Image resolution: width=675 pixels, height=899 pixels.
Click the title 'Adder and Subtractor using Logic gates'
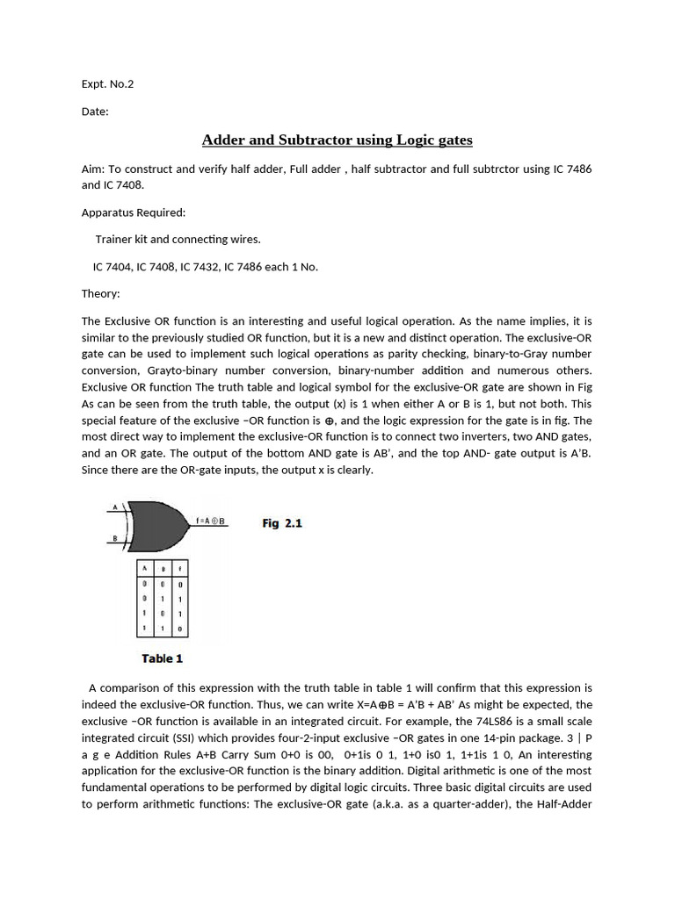pos(337,140)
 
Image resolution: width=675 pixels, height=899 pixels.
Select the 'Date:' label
pos(95,112)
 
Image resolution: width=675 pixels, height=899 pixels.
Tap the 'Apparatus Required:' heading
pos(134,212)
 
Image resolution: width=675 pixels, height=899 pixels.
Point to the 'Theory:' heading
pos(101,294)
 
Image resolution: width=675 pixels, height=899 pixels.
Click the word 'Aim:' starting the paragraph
pos(93,169)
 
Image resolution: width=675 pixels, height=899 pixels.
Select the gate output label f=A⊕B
pos(211,521)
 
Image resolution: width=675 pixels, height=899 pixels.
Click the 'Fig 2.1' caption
pos(282,523)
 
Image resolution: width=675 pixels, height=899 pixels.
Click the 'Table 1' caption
pos(163,658)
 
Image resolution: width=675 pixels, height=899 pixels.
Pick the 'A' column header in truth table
pos(145,568)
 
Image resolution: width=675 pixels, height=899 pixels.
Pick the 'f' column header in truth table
pos(180,568)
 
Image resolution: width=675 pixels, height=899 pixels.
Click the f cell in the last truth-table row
pos(180,629)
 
